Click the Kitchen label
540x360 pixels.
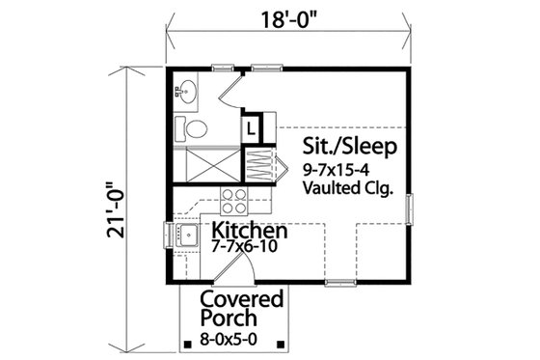click(249, 232)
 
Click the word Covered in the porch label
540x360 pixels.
click(242, 298)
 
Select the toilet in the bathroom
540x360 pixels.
click(193, 129)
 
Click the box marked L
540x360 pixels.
click(250, 126)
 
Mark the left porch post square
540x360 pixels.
click(184, 343)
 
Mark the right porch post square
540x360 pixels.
click(279, 343)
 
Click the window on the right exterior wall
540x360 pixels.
click(409, 208)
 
